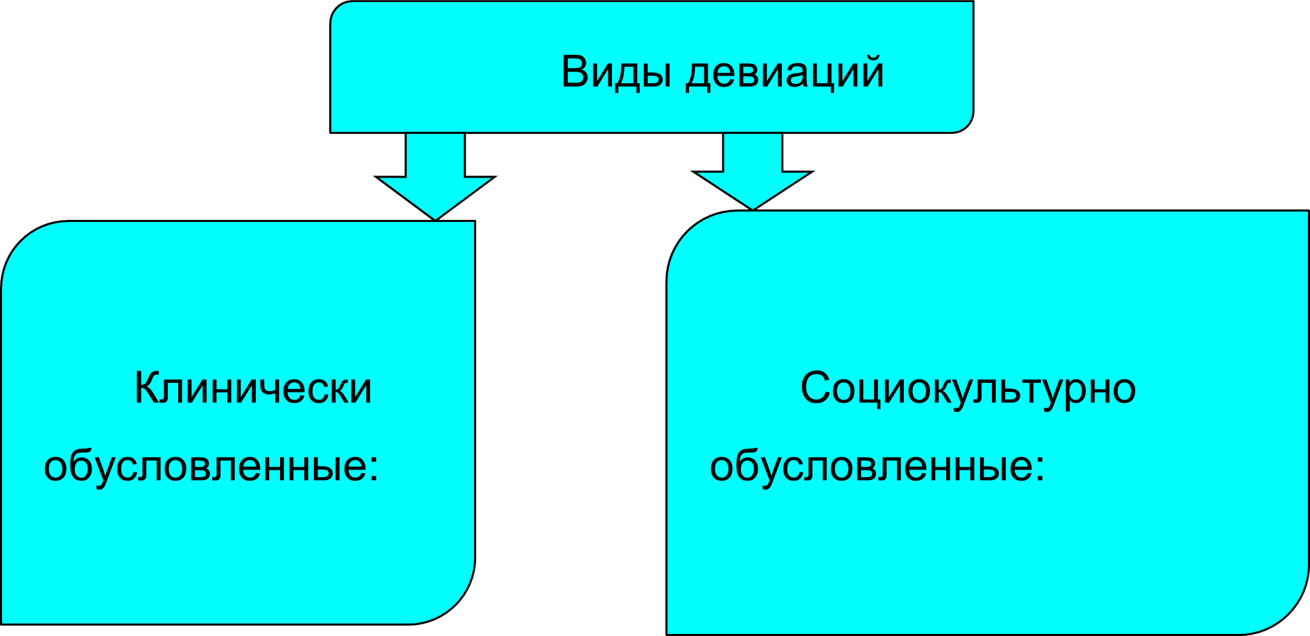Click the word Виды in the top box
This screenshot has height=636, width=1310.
click(x=615, y=71)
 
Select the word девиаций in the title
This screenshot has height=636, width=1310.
click(x=785, y=73)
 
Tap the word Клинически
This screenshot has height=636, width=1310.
click(x=252, y=388)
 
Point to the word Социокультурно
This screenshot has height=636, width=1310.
click(x=968, y=388)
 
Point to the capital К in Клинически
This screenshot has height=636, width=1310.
click(x=147, y=388)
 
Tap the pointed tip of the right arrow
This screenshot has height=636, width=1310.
click(x=753, y=207)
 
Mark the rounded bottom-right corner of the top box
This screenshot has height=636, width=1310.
click(x=966, y=124)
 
